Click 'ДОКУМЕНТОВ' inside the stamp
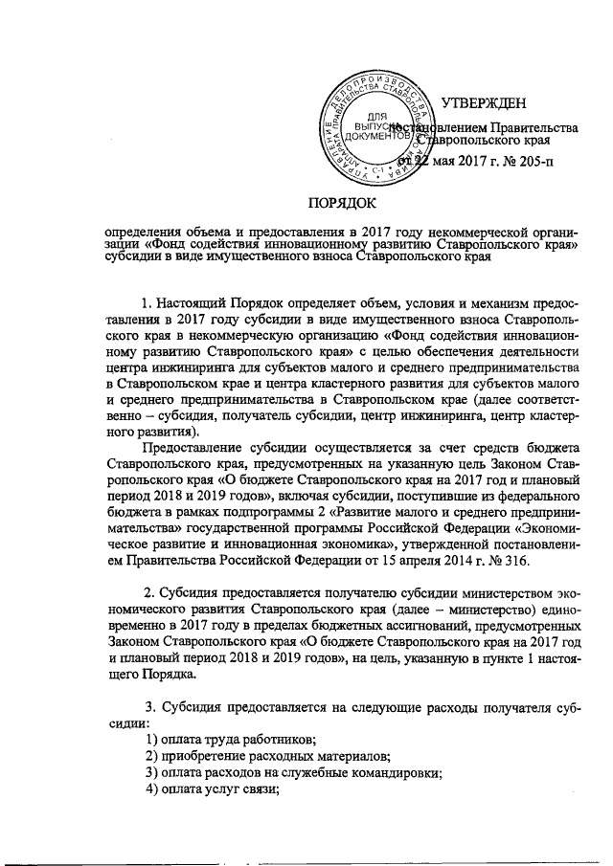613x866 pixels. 376,136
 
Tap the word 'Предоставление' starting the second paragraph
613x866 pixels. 193,447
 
